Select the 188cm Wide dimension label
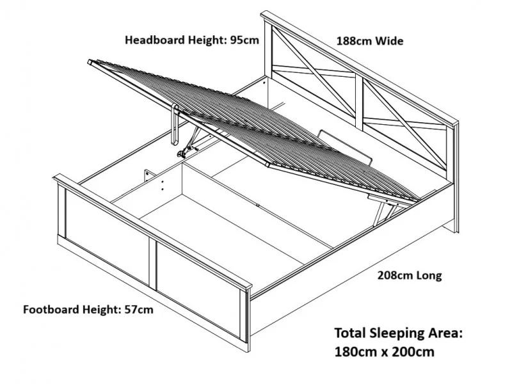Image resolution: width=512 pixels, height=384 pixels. click(x=370, y=41)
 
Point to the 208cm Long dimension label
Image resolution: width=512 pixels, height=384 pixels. click(x=410, y=276)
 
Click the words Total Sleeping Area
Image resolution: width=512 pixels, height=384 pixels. click(x=397, y=333)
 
